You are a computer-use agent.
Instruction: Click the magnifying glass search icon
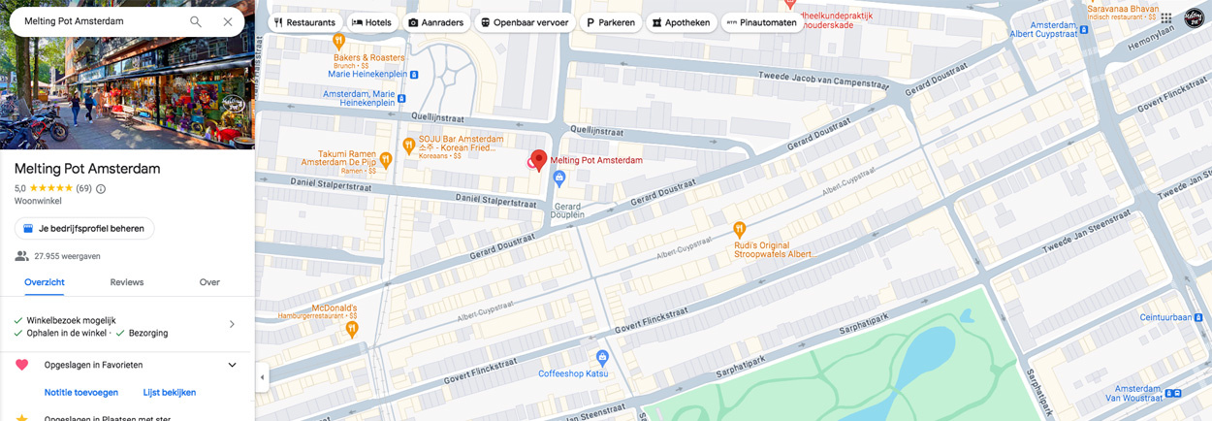(196, 21)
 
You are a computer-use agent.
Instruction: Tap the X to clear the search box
(228, 21)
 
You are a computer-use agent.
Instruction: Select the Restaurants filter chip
(304, 22)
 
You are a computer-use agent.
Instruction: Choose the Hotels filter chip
(371, 22)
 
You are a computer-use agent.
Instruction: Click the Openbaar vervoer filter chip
(525, 22)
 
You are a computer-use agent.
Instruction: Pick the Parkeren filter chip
(610, 22)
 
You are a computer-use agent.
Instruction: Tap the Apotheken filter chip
(681, 22)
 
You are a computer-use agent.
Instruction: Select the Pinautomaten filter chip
(761, 22)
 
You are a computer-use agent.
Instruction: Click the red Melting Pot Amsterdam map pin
(539, 160)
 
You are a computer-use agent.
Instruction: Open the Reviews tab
(126, 282)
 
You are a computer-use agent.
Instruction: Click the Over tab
(209, 282)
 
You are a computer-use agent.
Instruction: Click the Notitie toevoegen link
(81, 393)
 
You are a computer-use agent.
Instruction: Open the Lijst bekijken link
(170, 393)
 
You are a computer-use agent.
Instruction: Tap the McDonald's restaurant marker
(352, 330)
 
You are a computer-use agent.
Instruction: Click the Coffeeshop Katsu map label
(573, 373)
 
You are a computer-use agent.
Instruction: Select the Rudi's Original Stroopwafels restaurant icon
(740, 230)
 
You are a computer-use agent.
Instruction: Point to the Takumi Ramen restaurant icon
(385, 160)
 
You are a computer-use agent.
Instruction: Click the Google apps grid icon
(1165, 18)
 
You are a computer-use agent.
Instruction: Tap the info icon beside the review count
(101, 189)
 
